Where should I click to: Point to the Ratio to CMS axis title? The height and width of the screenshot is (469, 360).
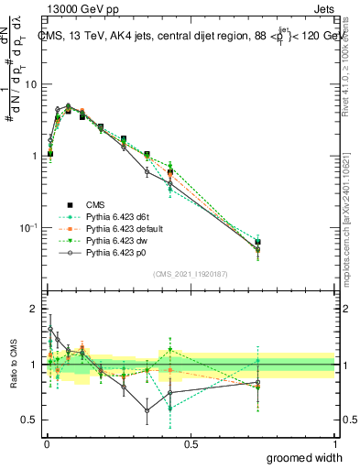click(x=12, y=364)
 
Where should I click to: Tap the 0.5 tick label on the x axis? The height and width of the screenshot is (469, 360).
click(x=191, y=442)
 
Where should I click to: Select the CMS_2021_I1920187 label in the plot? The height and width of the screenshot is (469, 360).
click(x=190, y=272)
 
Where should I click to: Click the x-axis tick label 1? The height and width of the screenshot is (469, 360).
click(x=334, y=442)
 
